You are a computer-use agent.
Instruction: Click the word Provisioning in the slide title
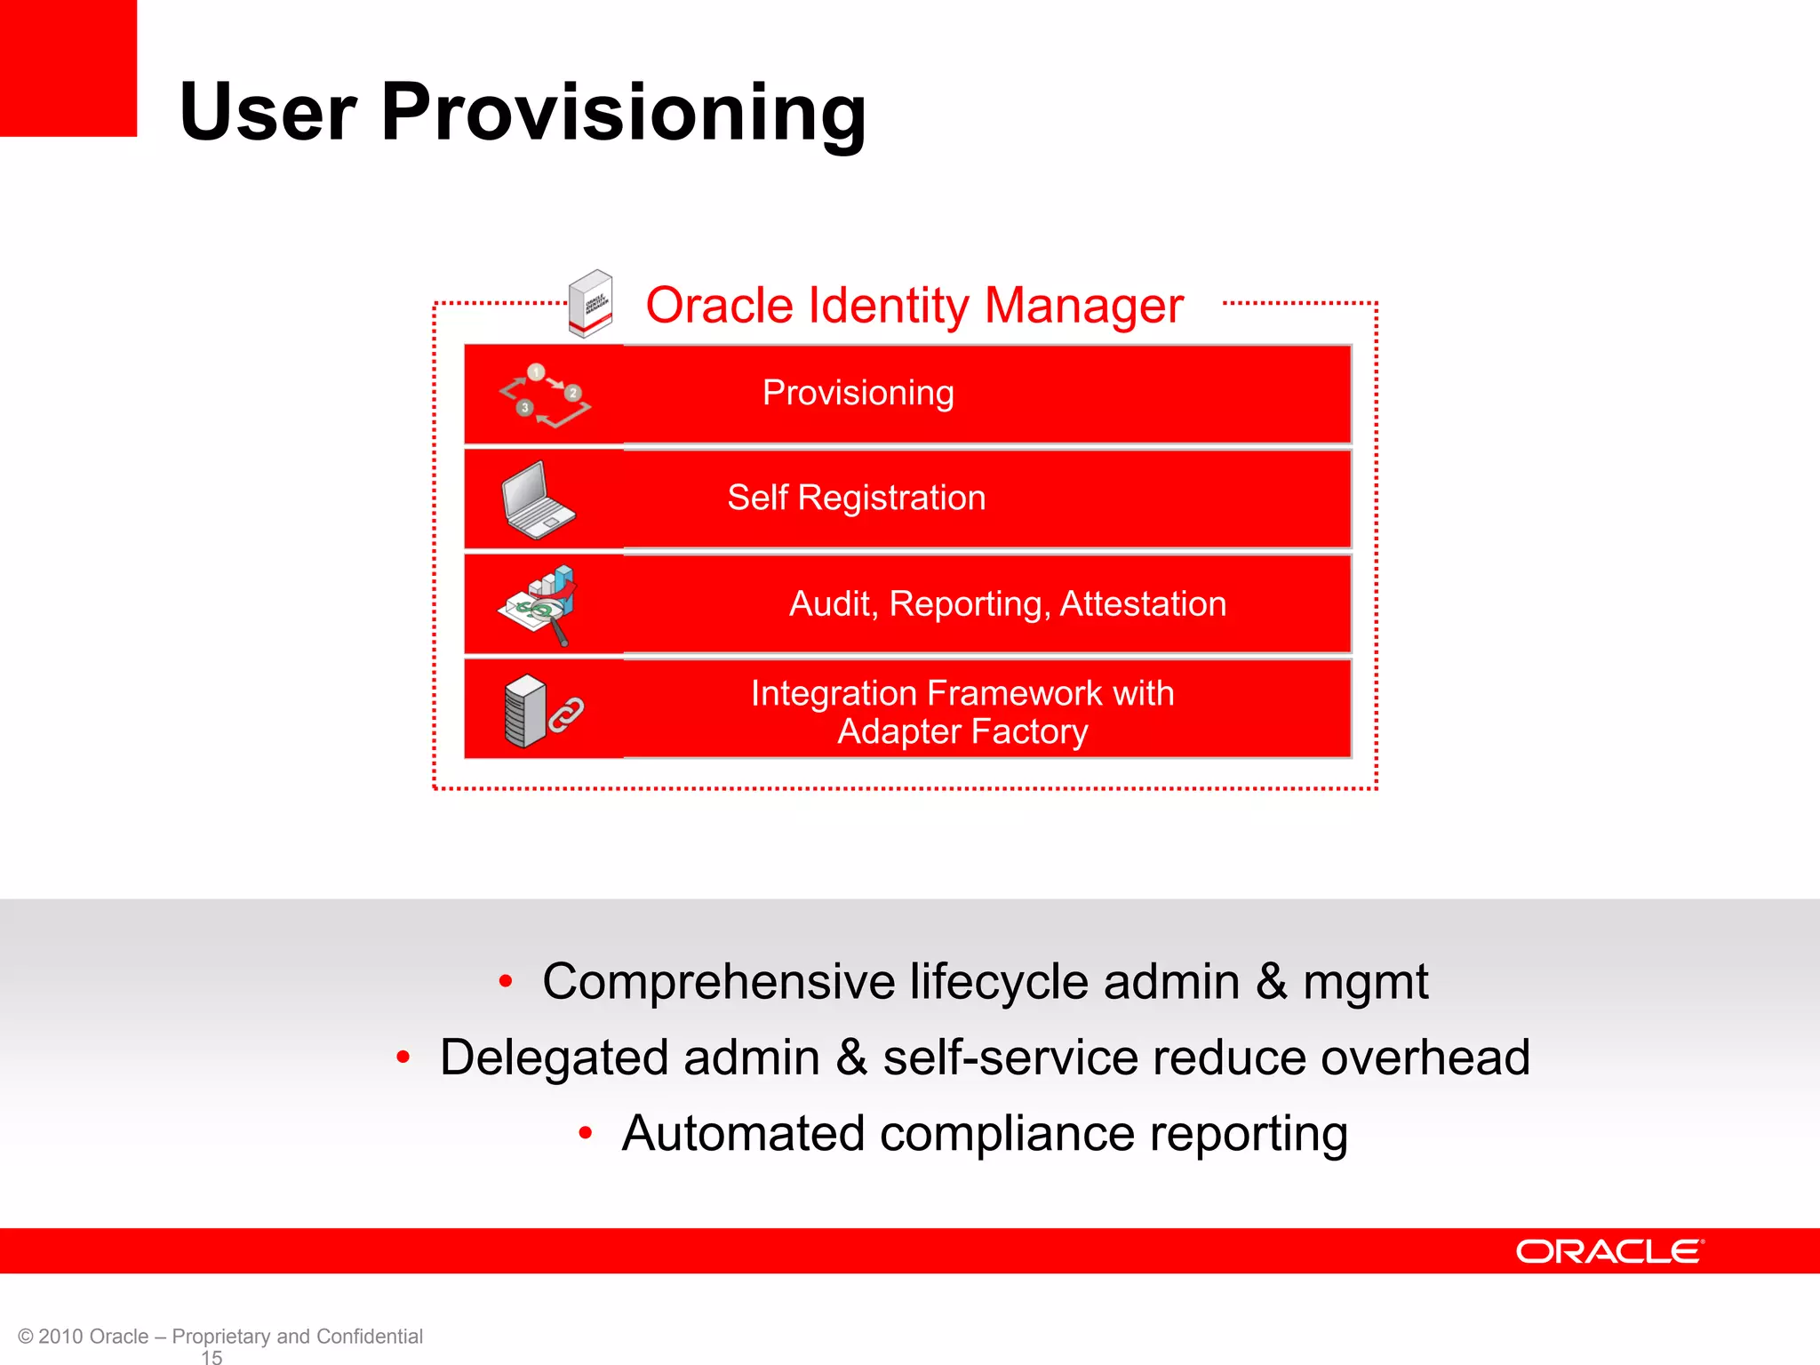(623, 113)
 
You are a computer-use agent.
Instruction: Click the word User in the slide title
(267, 113)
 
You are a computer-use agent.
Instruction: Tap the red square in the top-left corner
(68, 68)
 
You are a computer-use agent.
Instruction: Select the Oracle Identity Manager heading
(914, 306)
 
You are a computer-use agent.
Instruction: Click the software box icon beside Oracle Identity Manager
(591, 303)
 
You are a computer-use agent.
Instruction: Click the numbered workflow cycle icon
(544, 395)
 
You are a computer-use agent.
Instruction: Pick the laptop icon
(537, 499)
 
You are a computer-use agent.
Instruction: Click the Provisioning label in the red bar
(858, 393)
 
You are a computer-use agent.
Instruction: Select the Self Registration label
(856, 498)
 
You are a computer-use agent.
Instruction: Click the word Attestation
(1143, 604)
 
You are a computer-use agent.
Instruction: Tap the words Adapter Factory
(962, 731)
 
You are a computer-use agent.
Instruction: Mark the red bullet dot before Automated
(585, 1133)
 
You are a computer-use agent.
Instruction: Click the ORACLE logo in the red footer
(1609, 1251)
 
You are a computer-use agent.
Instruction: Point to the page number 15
(212, 1357)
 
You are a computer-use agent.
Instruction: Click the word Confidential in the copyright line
(369, 1337)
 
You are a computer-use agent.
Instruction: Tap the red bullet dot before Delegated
(403, 1058)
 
